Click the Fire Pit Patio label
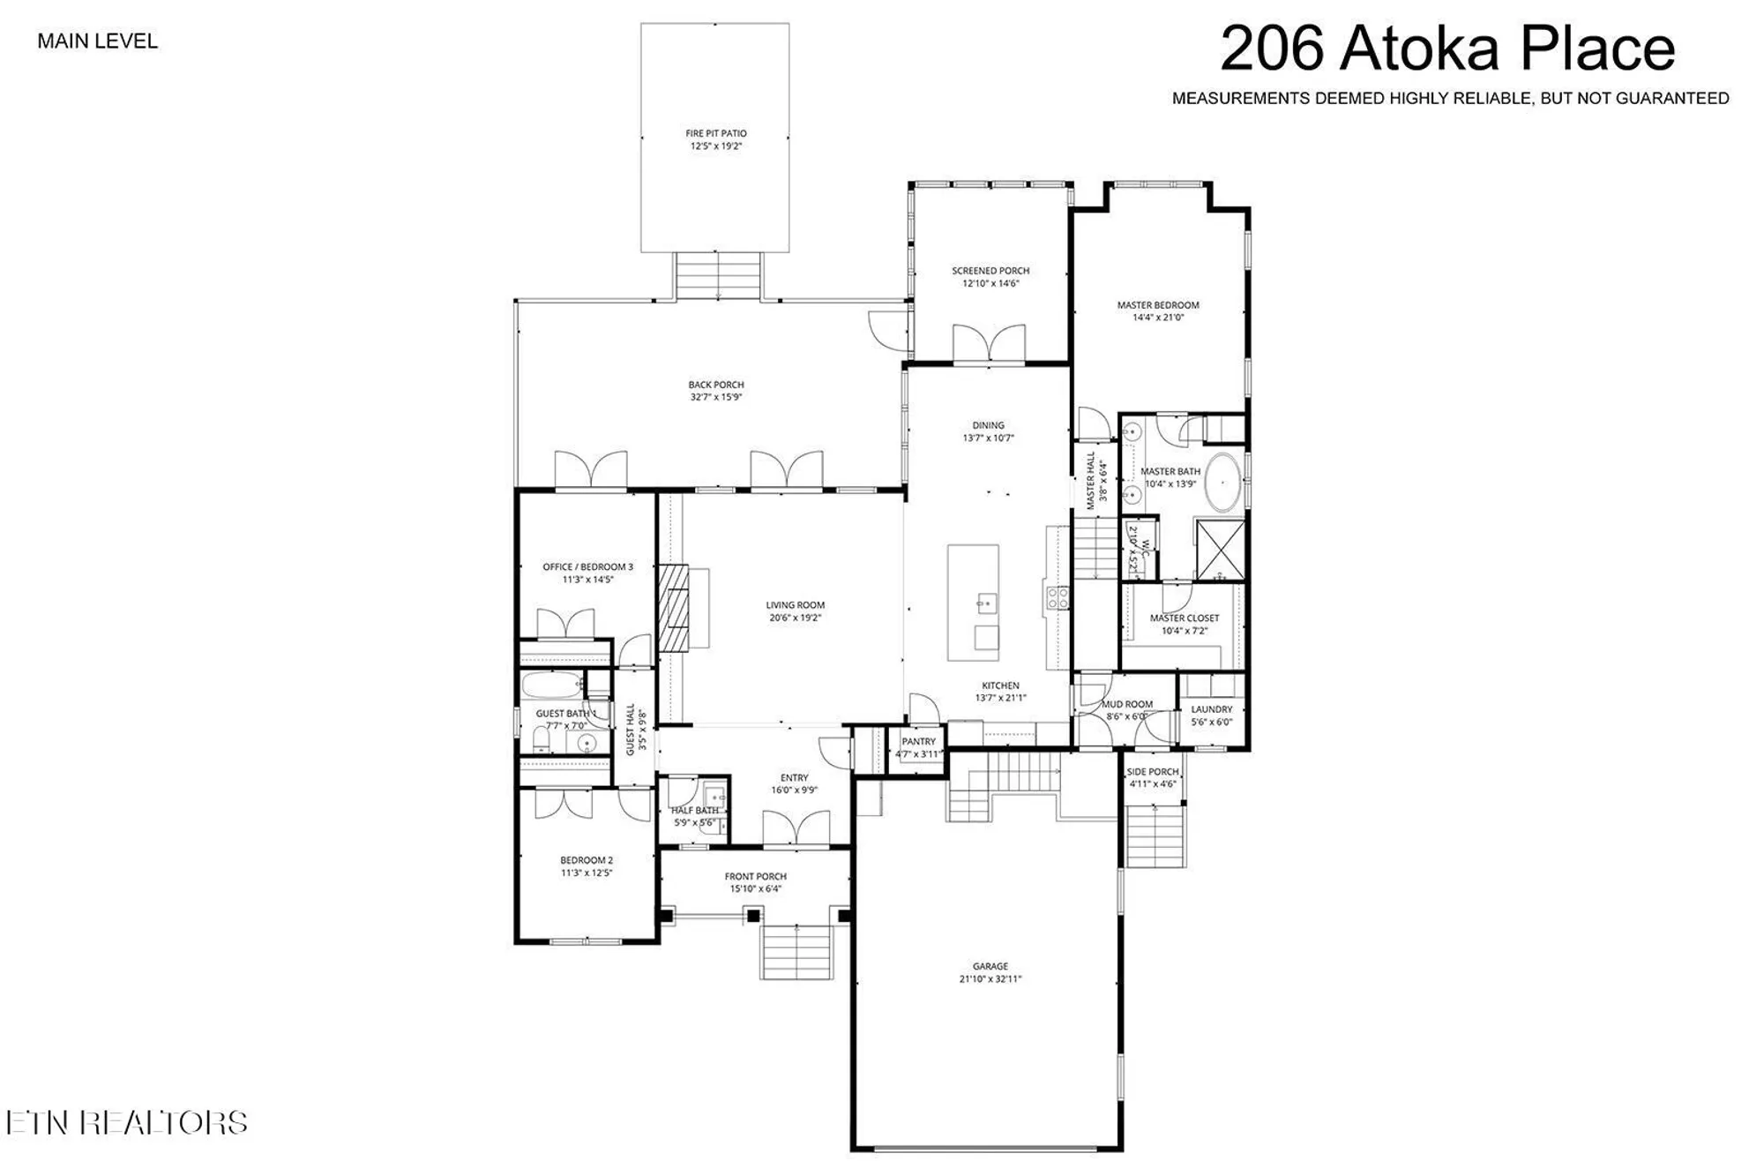(x=715, y=133)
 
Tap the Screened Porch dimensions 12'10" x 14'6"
(x=990, y=284)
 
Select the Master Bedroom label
(x=1157, y=305)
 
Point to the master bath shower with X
(x=1220, y=549)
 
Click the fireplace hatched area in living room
(x=677, y=607)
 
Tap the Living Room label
(x=795, y=605)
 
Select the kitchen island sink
(x=987, y=604)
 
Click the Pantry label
(x=918, y=742)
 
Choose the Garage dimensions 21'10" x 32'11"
(x=990, y=979)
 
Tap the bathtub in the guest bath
(x=552, y=685)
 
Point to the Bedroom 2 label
(x=586, y=860)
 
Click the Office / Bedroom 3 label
(x=587, y=567)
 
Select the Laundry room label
(x=1211, y=709)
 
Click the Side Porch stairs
(x=1155, y=835)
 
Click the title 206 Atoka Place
(x=1446, y=49)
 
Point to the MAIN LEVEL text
(x=97, y=41)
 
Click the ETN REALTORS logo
(x=126, y=1122)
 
